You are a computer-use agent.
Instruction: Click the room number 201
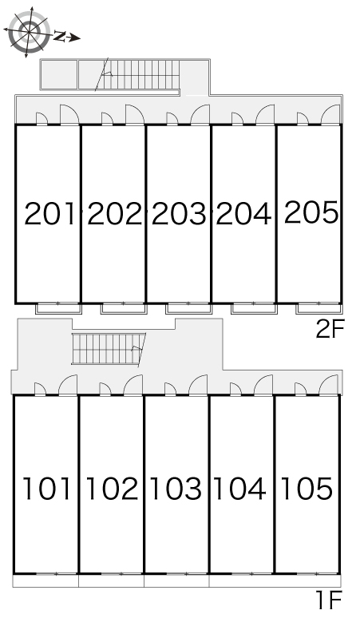[49, 213]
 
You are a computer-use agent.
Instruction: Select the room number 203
[179, 213]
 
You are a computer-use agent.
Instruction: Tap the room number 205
[311, 212]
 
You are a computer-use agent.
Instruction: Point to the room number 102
[112, 489]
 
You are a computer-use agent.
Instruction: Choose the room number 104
[239, 489]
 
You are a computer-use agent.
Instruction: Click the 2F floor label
[330, 329]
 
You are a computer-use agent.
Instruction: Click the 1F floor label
[329, 600]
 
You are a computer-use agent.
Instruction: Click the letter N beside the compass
[60, 36]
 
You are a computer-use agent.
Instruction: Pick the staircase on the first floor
[109, 349]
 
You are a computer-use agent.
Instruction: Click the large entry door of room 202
[135, 114]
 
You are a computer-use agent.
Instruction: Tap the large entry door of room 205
[330, 114]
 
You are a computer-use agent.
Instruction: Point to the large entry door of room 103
[198, 385]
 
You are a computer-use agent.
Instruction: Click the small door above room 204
[237, 119]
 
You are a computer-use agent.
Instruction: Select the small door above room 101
[40, 389]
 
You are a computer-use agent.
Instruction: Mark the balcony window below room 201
[59, 308]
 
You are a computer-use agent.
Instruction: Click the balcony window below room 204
[254, 308]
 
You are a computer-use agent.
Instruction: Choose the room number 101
[47, 489]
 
